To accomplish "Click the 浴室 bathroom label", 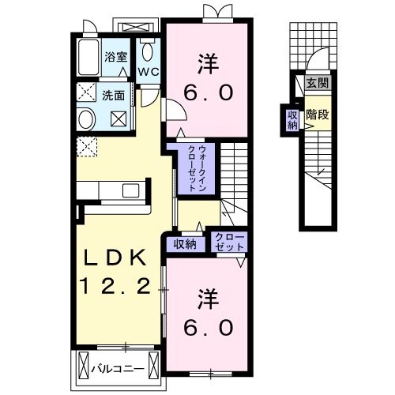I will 115,56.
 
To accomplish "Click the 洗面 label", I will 113,96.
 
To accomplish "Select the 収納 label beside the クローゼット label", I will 186,243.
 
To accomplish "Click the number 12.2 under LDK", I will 115,287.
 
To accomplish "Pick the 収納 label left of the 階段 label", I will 292,118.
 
